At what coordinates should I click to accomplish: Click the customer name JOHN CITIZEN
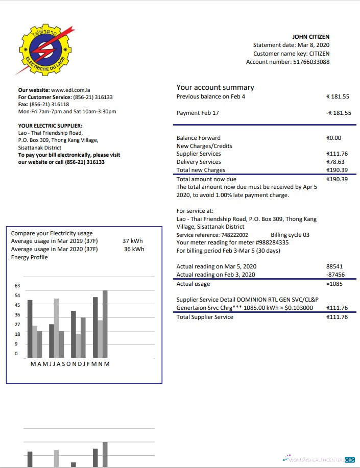coord(310,37)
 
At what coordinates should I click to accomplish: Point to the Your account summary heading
coord(215,87)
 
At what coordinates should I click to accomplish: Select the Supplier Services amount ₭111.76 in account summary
coord(337,154)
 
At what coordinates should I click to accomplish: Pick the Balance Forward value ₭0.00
coord(333,138)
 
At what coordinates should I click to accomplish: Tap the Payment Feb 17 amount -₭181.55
coord(338,113)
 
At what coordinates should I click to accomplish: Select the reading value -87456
coord(334,275)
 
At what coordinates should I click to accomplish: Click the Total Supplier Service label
coord(205,317)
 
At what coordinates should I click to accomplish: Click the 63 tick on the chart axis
coord(17,286)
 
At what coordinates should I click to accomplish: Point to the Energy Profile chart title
coord(29,257)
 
